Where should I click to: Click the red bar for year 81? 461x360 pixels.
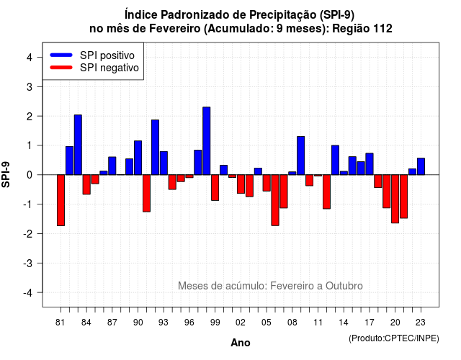(61, 200)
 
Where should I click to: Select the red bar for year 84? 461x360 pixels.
(86, 184)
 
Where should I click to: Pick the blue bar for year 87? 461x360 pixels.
(112, 166)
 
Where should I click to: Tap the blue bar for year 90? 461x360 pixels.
(138, 158)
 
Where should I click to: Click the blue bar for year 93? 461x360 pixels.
(164, 163)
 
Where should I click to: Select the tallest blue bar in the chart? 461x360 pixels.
(207, 141)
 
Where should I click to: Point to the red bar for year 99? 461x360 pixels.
(215, 188)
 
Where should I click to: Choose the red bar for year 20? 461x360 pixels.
(395, 199)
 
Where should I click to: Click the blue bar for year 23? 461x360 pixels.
(421, 166)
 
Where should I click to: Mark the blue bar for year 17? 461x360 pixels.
(370, 164)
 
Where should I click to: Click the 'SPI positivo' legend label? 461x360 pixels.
(107, 55)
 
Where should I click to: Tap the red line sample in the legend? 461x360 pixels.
(61, 68)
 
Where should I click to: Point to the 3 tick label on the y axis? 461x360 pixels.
(30, 86)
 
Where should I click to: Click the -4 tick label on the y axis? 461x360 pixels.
(29, 293)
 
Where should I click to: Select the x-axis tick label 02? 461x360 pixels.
(241, 323)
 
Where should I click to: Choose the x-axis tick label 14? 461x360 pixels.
(344, 323)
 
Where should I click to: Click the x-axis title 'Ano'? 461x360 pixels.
(241, 343)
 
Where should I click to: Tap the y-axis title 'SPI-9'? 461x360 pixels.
(6, 174)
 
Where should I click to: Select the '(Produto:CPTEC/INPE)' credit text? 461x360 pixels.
(394, 338)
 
